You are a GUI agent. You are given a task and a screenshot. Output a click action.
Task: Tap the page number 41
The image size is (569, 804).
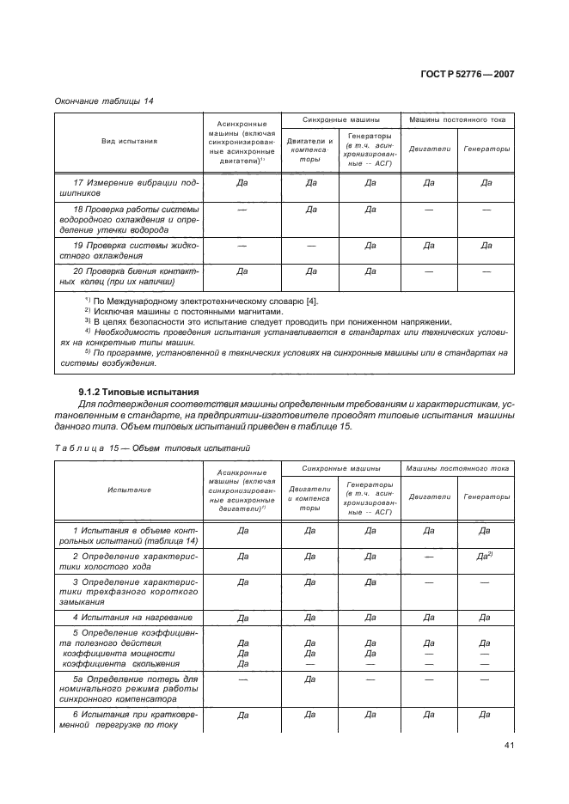pyautogui.click(x=508, y=745)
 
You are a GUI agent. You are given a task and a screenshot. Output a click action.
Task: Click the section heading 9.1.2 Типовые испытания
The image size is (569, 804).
pyautogui.click(x=138, y=392)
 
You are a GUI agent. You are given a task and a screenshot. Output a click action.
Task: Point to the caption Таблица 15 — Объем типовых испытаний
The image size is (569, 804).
pyautogui.click(x=153, y=448)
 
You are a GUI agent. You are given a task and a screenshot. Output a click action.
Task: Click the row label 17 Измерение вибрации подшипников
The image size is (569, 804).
pyautogui.click(x=129, y=188)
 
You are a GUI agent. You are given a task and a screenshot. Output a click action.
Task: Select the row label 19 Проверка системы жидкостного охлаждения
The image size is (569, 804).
pyautogui.click(x=129, y=250)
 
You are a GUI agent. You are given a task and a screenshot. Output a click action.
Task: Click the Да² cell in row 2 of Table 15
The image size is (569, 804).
pyautogui.click(x=485, y=557)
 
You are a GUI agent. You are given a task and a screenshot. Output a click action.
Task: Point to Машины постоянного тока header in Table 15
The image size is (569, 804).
pyautogui.click(x=458, y=468)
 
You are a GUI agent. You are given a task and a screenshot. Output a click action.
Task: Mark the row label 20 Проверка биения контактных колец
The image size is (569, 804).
pyautogui.click(x=129, y=277)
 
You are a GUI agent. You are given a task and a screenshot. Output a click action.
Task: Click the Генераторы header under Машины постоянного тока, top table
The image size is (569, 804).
pyautogui.click(x=486, y=148)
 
